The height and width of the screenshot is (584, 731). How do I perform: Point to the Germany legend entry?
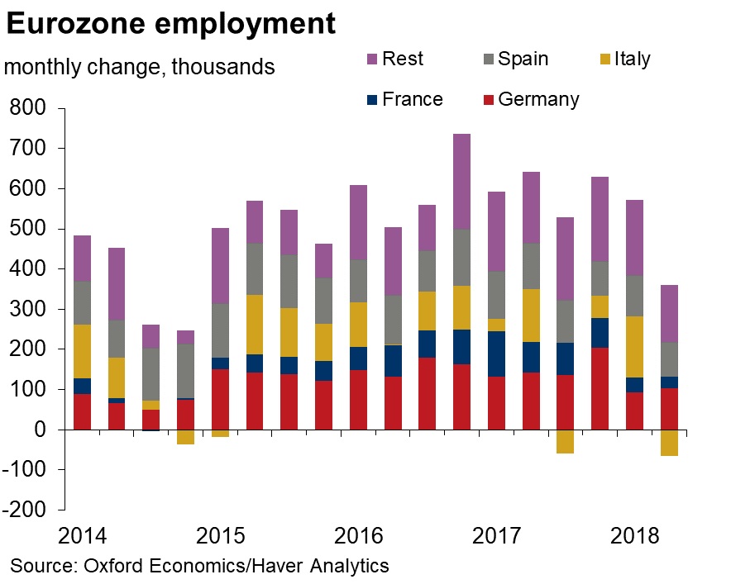point(528,100)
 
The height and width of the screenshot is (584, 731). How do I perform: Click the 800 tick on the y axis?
point(28,108)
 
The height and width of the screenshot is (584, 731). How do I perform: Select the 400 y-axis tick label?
point(28,269)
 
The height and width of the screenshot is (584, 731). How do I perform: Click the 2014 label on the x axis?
point(84,536)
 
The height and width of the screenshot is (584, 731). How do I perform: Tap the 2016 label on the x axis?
point(359,536)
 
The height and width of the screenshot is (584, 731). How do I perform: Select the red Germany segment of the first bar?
point(82,411)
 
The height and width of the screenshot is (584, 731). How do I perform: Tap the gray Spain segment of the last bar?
point(668,359)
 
